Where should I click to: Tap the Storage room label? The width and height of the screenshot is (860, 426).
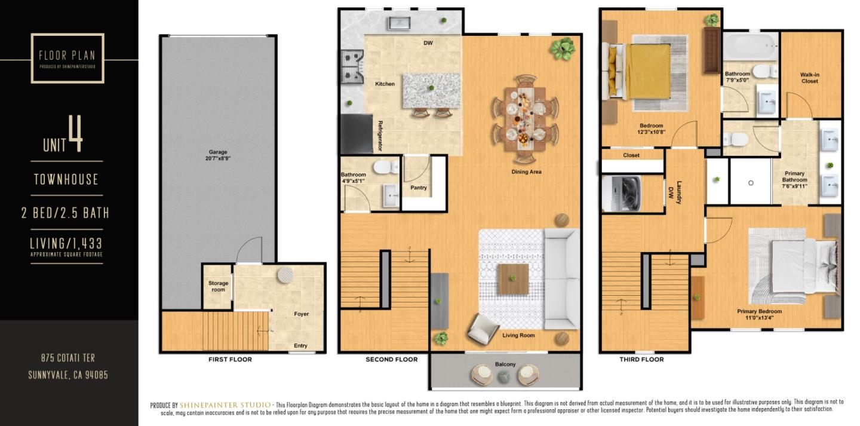[x=217, y=286]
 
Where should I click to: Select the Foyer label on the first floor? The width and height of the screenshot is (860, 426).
[x=301, y=314]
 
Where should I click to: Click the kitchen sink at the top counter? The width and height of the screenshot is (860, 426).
[x=398, y=23]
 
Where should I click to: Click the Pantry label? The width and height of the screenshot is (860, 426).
[x=419, y=188]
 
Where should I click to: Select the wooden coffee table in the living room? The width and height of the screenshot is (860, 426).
[x=513, y=279]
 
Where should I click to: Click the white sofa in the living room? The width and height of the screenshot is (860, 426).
[x=561, y=278]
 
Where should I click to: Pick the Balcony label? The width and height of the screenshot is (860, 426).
[x=505, y=364]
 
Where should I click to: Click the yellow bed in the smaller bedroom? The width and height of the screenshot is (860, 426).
[x=647, y=71]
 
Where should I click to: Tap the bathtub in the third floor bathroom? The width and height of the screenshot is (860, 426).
[x=751, y=45]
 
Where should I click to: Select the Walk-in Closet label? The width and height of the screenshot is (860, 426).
[x=809, y=78]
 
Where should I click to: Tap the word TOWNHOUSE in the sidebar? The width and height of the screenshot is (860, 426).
[x=66, y=179]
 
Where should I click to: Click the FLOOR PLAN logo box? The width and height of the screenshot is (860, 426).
[x=67, y=58]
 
